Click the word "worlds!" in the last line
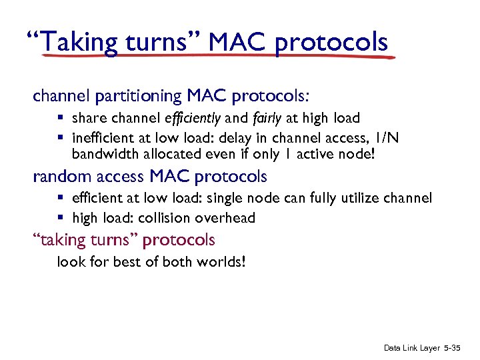click(x=224, y=261)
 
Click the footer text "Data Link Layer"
click(x=411, y=348)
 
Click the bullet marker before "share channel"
click(x=60, y=119)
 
